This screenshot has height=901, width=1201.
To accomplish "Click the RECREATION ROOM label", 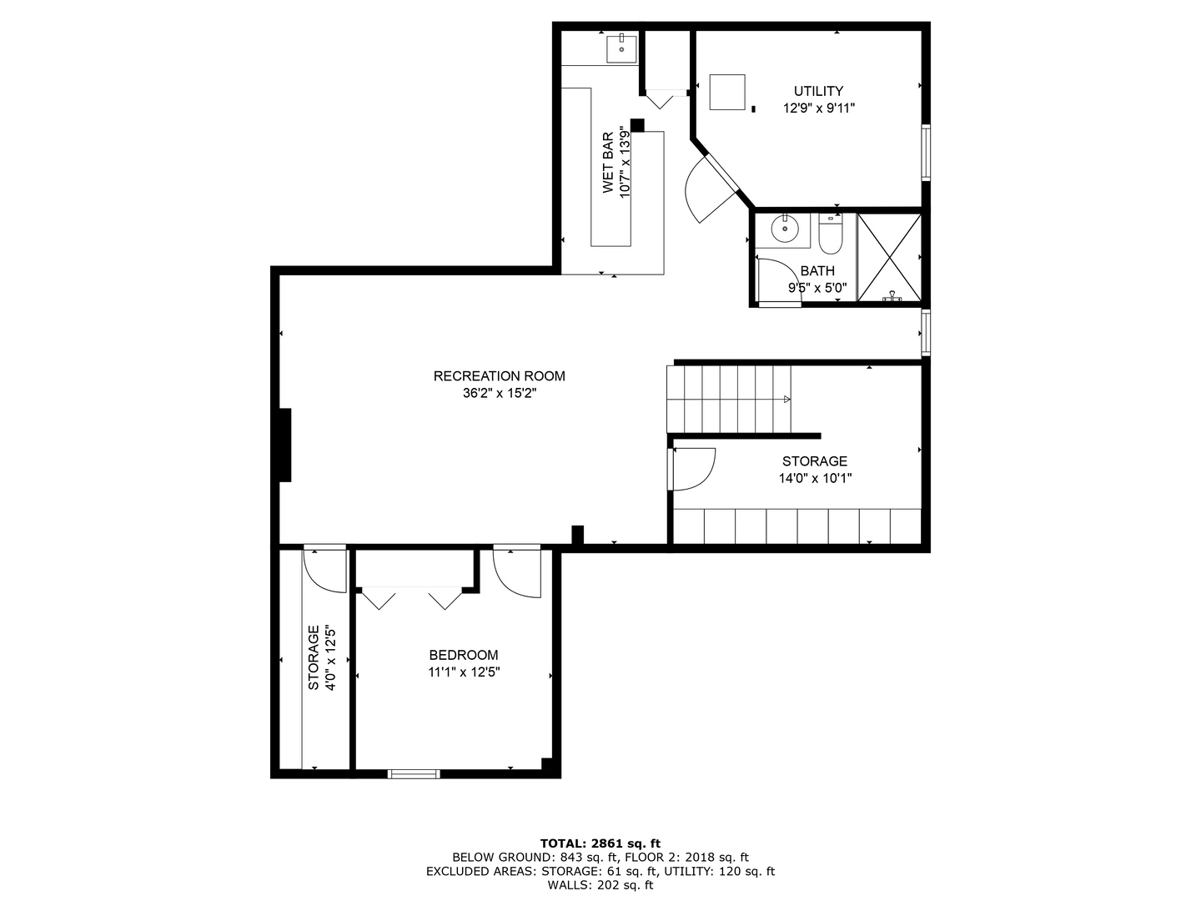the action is pyautogui.click(x=499, y=375).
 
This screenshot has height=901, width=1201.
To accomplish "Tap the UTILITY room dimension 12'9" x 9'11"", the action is pyautogui.click(x=818, y=108).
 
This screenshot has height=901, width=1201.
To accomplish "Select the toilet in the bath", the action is pyautogui.click(x=831, y=234).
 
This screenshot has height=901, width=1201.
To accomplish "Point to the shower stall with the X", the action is pyautogui.click(x=889, y=257).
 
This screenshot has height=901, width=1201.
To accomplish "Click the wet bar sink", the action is pyautogui.click(x=621, y=49).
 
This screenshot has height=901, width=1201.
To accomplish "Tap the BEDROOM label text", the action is pyautogui.click(x=464, y=655).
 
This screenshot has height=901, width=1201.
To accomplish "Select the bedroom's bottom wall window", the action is pyautogui.click(x=414, y=773).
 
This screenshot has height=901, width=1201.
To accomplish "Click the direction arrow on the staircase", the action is pyautogui.click(x=786, y=400).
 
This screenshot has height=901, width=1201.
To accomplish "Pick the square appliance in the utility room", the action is pyautogui.click(x=728, y=92).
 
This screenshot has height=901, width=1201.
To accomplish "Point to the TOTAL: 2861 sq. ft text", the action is pyautogui.click(x=600, y=843).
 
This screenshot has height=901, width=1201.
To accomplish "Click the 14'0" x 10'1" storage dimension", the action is pyautogui.click(x=815, y=478).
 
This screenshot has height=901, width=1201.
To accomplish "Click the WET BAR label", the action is pyautogui.click(x=607, y=163).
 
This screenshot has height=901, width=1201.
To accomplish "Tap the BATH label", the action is pyautogui.click(x=817, y=271).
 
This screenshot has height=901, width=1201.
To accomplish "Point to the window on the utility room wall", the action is pyautogui.click(x=926, y=153).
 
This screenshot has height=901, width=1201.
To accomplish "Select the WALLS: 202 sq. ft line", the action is pyautogui.click(x=600, y=884).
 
